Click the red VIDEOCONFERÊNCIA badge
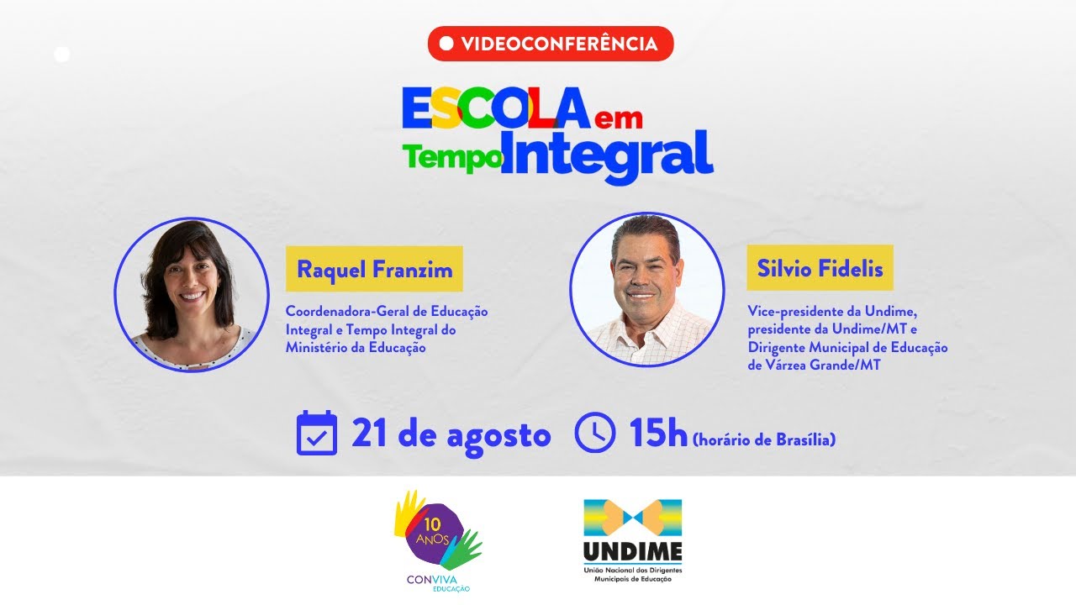(x=551, y=44)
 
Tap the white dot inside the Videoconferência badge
(x=446, y=44)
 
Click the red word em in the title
(x=617, y=118)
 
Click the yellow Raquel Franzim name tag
(x=374, y=270)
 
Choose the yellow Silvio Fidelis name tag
(x=820, y=269)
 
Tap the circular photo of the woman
(x=192, y=294)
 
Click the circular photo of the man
(x=646, y=289)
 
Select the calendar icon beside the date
(x=317, y=434)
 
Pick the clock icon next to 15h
(x=595, y=434)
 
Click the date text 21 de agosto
(x=451, y=435)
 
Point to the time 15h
(x=658, y=434)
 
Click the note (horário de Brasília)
(x=764, y=439)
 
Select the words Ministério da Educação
(x=356, y=348)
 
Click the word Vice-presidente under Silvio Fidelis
(x=789, y=312)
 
